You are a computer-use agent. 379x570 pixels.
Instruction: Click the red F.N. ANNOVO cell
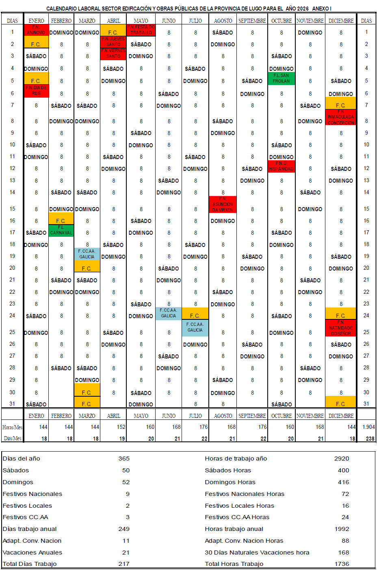36,30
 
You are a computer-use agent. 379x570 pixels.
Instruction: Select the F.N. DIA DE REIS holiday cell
36,91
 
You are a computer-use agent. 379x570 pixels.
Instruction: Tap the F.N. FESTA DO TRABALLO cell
141,30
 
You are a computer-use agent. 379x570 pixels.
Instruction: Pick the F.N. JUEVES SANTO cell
113,42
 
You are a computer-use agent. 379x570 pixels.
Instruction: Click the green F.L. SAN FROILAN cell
281,79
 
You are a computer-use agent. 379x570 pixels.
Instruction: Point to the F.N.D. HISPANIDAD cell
281,166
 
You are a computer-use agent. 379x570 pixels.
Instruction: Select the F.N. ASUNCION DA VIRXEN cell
223,204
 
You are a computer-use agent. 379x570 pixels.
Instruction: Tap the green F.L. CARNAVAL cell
61,230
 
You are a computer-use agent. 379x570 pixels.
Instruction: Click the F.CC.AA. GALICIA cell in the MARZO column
87,254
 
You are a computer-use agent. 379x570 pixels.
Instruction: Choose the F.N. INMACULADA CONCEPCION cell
340,117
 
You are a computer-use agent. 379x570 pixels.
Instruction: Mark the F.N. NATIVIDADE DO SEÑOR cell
340,328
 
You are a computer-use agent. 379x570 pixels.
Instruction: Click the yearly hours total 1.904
368,427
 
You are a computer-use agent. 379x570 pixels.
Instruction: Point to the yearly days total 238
370,439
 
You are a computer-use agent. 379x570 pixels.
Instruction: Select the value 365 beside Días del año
124,459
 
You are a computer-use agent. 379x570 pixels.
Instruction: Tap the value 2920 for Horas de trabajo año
341,459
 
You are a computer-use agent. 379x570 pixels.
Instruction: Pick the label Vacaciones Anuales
32,553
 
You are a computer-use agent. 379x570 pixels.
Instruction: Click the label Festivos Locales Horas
239,506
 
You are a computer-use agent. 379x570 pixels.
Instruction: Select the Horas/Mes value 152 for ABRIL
121,427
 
